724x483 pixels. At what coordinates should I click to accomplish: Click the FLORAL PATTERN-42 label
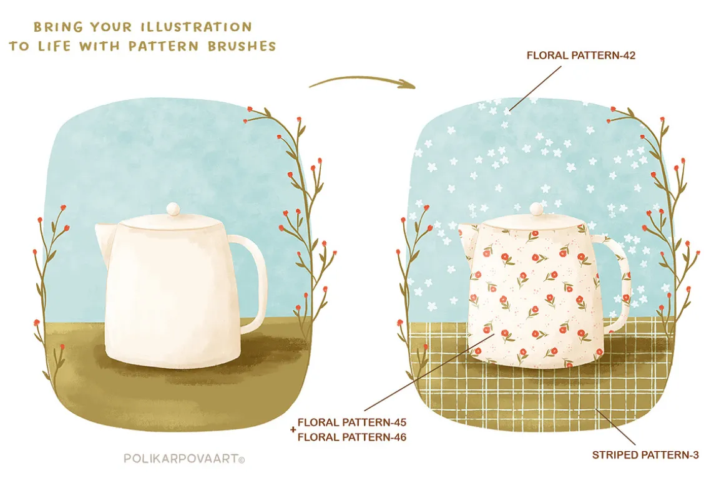581,56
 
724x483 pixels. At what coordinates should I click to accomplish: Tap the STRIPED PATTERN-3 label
645,455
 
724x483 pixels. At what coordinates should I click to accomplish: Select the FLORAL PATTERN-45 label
352,422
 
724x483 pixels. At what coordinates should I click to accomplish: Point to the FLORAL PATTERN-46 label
352,437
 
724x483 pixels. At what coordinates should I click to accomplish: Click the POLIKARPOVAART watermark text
181,459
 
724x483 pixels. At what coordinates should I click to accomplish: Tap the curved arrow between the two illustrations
363,79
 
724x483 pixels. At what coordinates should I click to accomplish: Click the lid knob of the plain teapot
173,208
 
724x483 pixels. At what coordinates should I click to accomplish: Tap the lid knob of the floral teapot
537,208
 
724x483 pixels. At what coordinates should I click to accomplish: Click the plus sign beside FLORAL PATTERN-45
293,429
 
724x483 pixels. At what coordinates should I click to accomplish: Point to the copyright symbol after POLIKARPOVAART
242,459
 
